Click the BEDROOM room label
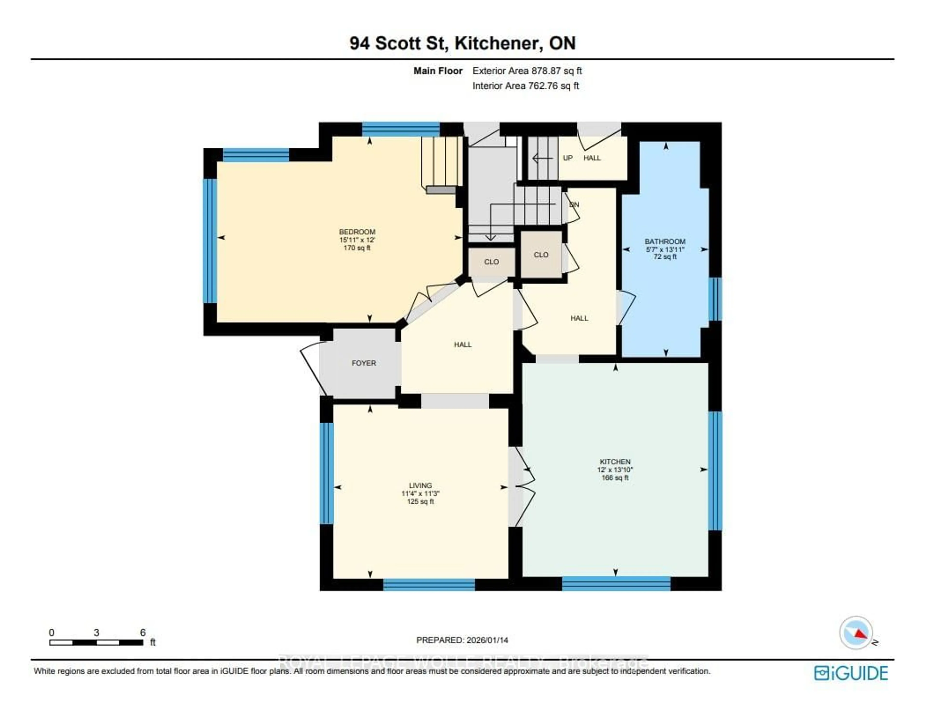357,232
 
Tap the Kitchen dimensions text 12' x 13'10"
615,470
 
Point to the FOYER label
363,363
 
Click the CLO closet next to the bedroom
491,262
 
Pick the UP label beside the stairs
568,158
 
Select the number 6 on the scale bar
143,633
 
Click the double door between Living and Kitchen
522,487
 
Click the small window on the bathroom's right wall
715,299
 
